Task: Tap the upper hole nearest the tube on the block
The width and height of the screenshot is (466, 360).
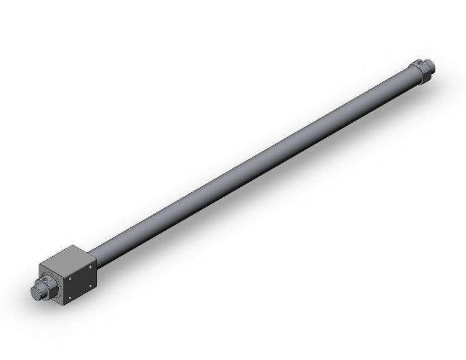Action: (x=91, y=265)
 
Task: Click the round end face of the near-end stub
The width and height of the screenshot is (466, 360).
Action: (x=38, y=292)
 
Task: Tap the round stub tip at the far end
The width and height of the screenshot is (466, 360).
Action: (x=431, y=63)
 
